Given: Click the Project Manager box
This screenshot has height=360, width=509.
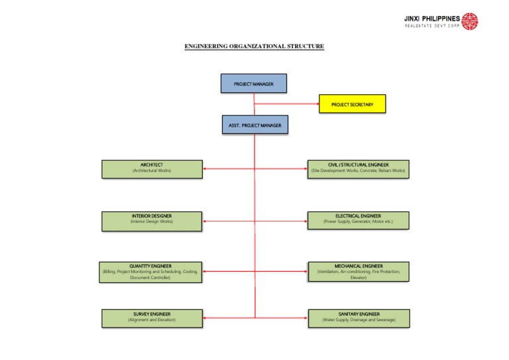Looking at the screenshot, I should [254, 84].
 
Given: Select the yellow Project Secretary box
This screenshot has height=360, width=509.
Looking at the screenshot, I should [352, 104].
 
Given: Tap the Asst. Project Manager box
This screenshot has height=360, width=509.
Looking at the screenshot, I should [254, 125].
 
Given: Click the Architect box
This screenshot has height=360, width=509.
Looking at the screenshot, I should [151, 168].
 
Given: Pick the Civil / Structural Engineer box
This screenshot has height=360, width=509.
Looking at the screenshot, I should [358, 168].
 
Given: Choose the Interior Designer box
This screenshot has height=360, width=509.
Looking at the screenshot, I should [151, 220].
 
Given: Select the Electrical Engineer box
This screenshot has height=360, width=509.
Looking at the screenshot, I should [358, 220].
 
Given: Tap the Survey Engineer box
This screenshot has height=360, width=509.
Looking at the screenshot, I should [151, 318].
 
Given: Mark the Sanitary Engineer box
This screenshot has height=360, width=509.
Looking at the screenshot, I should [358, 318].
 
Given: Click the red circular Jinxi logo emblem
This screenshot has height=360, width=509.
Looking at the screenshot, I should [470, 21].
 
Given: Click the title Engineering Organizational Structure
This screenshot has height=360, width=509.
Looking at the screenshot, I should [254, 46].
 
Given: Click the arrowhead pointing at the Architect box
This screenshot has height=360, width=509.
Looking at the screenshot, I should [205, 169].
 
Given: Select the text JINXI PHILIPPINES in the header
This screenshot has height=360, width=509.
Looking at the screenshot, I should [431, 18].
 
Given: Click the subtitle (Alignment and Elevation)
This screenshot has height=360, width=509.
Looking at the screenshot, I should [151, 321].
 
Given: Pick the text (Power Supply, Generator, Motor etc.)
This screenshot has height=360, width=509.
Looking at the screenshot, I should [358, 223].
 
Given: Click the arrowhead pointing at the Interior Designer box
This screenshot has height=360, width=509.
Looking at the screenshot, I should [205, 221].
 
